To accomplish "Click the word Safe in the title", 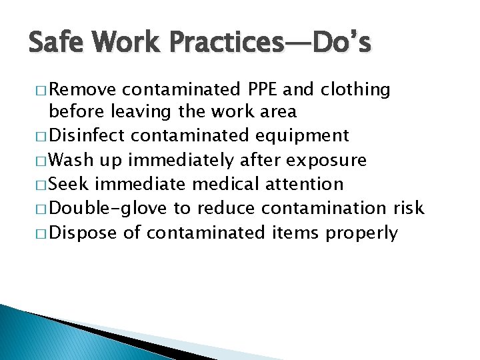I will coord(54,44).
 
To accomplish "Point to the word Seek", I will coord(69,184).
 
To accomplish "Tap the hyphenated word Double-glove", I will coord(109,209).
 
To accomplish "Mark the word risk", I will coord(408,208).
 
